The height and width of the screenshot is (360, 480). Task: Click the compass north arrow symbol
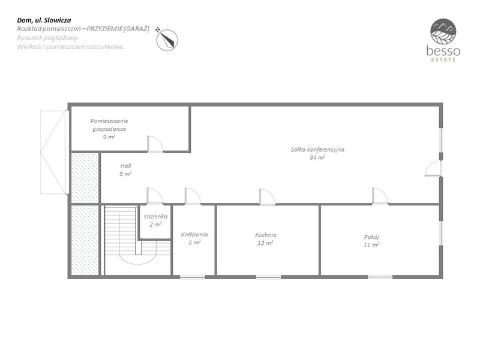click(167, 40)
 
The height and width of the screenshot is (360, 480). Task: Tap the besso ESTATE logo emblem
click(443, 32)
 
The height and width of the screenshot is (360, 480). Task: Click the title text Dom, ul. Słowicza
click(44, 20)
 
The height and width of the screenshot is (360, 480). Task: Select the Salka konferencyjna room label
click(317, 149)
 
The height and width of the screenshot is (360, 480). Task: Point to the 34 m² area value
click(317, 157)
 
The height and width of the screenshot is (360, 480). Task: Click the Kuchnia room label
click(266, 235)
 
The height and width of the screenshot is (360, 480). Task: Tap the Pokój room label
click(371, 236)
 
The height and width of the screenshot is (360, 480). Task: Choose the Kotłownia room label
click(194, 235)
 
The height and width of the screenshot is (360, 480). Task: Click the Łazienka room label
click(155, 217)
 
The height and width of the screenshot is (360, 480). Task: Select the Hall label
click(126, 166)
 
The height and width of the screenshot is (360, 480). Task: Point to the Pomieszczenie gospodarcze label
click(109, 125)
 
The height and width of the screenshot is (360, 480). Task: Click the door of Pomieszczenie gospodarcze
click(155, 144)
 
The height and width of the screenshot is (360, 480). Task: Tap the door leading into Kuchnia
click(267, 197)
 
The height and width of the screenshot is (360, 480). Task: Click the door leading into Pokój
click(380, 196)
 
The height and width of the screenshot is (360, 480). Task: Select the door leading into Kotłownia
click(193, 196)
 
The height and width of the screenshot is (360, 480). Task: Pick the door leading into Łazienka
click(155, 196)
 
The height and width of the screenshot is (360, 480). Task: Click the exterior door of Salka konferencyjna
click(433, 169)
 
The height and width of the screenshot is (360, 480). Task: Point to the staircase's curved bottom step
click(138, 263)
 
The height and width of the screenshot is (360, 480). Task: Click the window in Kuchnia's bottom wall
click(268, 277)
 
